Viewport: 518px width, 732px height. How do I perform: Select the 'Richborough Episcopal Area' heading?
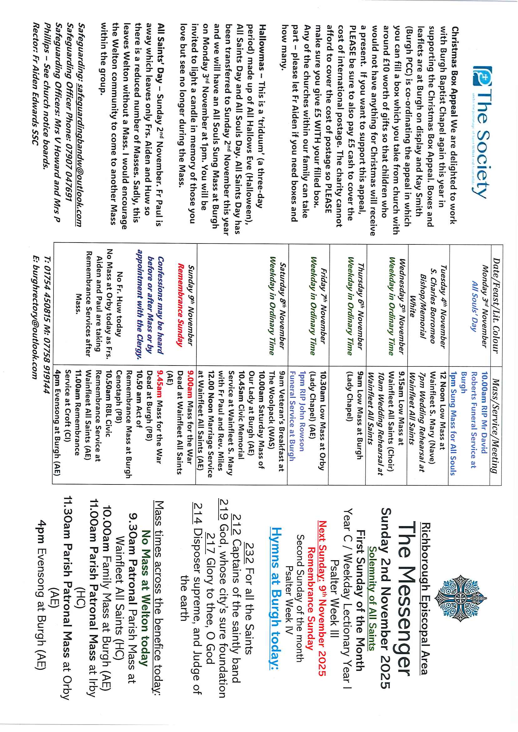[425, 598]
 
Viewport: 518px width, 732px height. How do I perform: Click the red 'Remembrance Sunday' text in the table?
[181, 305]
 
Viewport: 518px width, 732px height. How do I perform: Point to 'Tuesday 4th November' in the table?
[443, 306]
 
